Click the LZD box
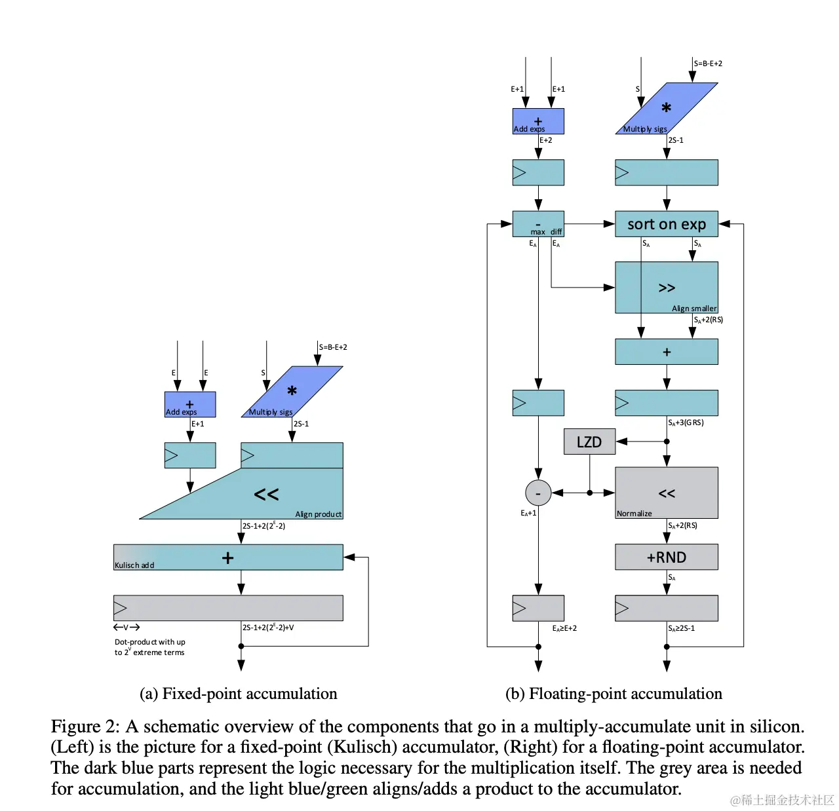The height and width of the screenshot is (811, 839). tap(589, 442)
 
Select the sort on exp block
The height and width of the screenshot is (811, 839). tap(666, 224)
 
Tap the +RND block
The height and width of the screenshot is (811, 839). tap(666, 557)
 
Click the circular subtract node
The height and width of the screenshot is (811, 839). tap(538, 493)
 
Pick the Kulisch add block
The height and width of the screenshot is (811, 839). tap(228, 557)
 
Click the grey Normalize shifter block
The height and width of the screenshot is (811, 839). tap(666, 493)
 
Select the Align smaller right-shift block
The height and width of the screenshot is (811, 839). tap(666, 288)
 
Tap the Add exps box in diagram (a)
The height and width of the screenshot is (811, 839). tap(189, 404)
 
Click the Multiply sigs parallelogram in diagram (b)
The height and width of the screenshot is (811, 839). tap(666, 109)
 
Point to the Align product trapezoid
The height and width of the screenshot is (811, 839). tap(275, 495)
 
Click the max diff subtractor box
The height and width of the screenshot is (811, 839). tap(538, 224)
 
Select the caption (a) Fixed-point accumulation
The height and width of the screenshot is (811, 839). tap(239, 694)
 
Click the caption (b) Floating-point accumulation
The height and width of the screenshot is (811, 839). tap(614, 694)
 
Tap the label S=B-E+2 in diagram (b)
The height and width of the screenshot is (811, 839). tap(708, 64)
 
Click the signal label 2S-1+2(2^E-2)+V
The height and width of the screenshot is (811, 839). tap(268, 628)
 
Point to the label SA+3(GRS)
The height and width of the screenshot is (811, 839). tap(686, 423)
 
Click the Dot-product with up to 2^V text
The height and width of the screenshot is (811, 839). tap(150, 647)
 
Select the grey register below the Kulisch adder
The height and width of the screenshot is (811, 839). tap(228, 608)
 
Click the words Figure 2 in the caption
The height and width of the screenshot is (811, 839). tap(85, 726)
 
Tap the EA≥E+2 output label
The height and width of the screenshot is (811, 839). tap(564, 628)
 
